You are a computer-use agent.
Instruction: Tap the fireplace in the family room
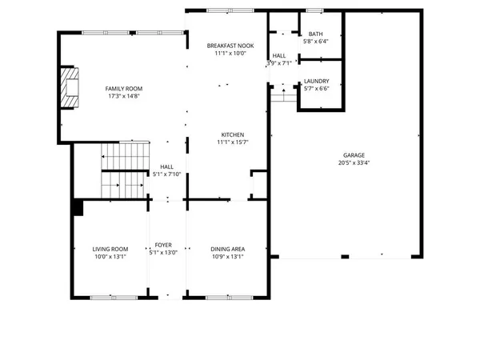pyautogui.click(x=70, y=86)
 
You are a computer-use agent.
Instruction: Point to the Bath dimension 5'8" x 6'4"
pyautogui.click(x=316, y=42)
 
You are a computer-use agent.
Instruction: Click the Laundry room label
pyautogui.click(x=315, y=81)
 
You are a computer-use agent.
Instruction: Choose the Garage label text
pyautogui.click(x=354, y=155)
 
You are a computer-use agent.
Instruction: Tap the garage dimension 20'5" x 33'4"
pyautogui.click(x=354, y=163)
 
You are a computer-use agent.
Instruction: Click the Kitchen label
pyautogui.click(x=233, y=134)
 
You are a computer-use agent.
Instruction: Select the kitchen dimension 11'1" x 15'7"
pyautogui.click(x=233, y=142)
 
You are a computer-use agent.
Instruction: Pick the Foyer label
pyautogui.click(x=162, y=249)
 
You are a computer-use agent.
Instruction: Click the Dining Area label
pyautogui.click(x=228, y=249)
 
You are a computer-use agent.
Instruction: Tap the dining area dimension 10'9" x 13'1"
pyautogui.click(x=228, y=257)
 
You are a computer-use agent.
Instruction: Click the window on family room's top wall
pyautogui.click(x=106, y=32)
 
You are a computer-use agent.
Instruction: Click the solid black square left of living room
pyautogui.click(x=78, y=208)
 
